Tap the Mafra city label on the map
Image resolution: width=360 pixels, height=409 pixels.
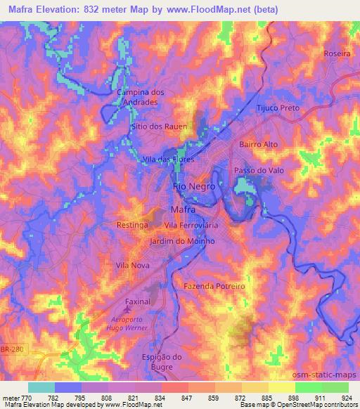coord(183,209)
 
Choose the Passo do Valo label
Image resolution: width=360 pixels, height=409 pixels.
coord(257,171)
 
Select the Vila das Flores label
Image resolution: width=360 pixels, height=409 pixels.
coord(168,160)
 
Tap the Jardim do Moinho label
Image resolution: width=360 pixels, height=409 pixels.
coord(182,241)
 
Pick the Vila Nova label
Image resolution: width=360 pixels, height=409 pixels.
coord(131,266)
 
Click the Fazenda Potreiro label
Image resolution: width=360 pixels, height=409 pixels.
coord(214,287)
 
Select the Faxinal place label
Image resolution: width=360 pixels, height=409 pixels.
coord(138,301)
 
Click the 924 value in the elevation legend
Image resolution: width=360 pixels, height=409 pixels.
coord(348,398)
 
